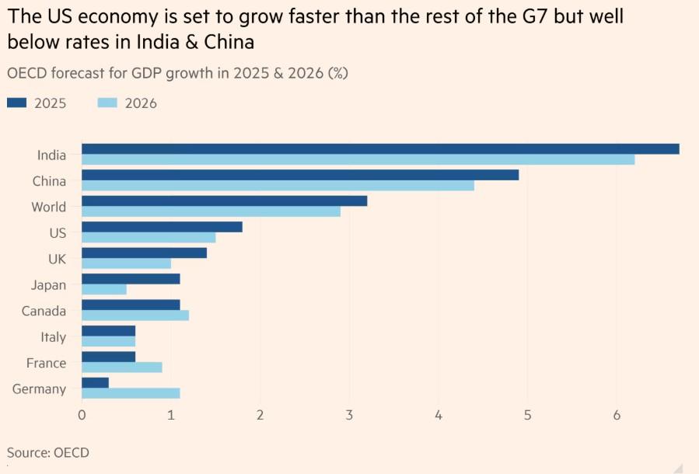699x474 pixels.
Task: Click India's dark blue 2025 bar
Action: pyautogui.click(x=380, y=149)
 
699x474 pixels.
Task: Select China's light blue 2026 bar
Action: pyautogui.click(x=278, y=186)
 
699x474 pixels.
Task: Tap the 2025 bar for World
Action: pyautogui.click(x=224, y=201)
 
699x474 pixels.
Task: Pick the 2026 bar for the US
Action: pyautogui.click(x=149, y=238)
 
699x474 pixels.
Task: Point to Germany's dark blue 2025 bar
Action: pyautogui.click(x=95, y=383)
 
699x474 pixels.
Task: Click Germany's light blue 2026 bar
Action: pyautogui.click(x=131, y=393)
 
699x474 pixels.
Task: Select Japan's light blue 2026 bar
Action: pyautogui.click(x=104, y=290)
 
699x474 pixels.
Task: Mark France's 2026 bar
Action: pyautogui.click(x=122, y=368)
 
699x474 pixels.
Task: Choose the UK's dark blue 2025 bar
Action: pyautogui.click(x=144, y=253)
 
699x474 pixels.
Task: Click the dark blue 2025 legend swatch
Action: pyautogui.click(x=17, y=103)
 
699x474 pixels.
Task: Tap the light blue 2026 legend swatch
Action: pyautogui.click(x=107, y=103)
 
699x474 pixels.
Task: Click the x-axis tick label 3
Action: pyautogui.click(x=349, y=416)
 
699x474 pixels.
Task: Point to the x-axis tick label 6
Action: pyautogui.click(x=617, y=416)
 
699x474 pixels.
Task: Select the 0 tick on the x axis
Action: pyautogui.click(x=82, y=416)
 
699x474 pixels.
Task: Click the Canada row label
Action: pyautogui.click(x=44, y=311)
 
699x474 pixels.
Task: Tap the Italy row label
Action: pyautogui.click(x=53, y=337)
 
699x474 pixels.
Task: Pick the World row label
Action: pyautogui.click(x=48, y=207)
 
